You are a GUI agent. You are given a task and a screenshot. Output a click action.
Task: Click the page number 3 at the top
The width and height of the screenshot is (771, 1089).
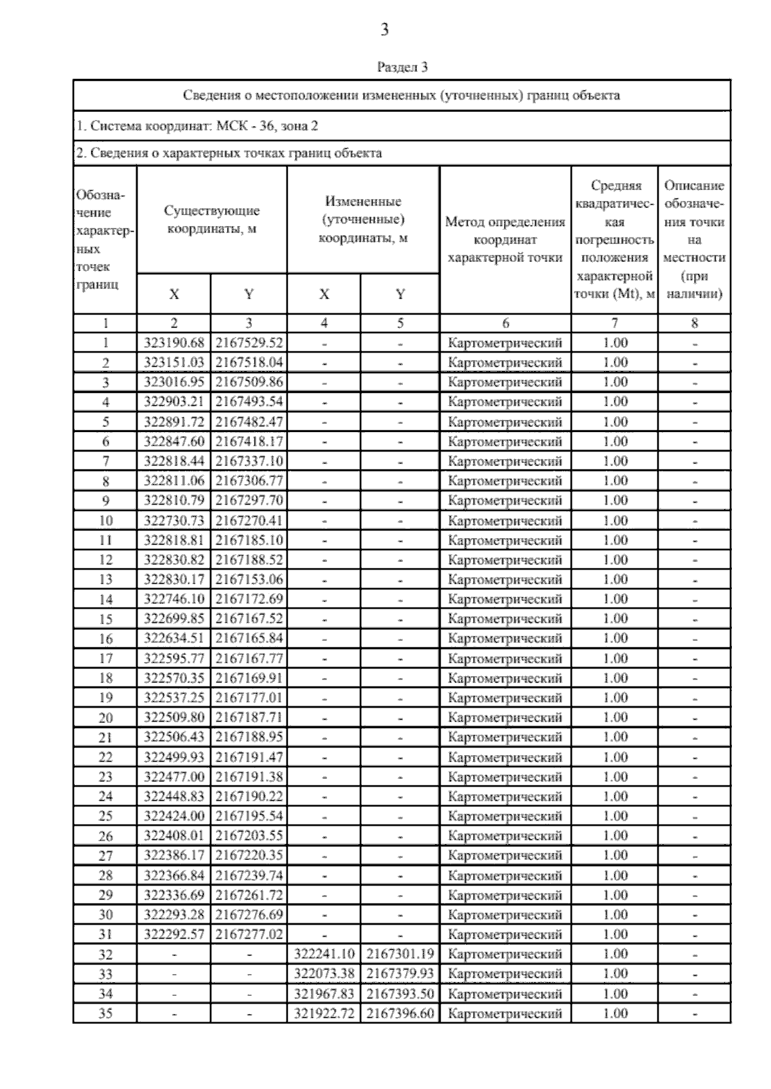[384, 30]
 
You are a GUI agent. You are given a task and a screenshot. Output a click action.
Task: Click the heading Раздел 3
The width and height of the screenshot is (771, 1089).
[402, 67]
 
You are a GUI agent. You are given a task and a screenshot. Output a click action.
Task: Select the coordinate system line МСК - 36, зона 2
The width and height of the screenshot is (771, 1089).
[197, 126]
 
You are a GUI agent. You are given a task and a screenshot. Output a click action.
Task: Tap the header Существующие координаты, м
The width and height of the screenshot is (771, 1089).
[211, 220]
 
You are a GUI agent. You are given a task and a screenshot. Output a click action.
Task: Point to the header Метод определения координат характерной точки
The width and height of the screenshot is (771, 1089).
[505, 240]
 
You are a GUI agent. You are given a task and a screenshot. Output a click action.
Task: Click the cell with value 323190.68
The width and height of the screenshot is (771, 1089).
[173, 343]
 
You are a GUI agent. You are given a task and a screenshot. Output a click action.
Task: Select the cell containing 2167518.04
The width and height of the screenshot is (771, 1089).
[249, 362]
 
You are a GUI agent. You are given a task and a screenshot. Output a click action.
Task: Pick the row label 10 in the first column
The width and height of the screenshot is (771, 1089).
[105, 520]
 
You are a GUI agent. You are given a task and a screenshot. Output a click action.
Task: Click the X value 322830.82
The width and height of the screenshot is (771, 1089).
[173, 560]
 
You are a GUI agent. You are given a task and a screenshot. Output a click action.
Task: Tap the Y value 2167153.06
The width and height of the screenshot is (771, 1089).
[249, 579]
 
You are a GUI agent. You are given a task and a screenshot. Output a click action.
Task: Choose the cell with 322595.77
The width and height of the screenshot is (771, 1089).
[173, 658]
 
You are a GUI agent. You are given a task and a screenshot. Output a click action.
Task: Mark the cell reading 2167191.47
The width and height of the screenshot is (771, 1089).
[249, 757]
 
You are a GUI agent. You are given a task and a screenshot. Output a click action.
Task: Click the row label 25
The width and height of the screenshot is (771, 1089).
[105, 816]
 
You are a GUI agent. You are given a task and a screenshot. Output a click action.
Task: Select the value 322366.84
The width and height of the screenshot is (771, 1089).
[173, 875]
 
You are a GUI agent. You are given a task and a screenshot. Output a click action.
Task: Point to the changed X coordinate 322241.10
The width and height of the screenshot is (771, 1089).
[324, 954]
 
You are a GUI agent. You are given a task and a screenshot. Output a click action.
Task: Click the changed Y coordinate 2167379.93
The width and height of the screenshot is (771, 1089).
[400, 974]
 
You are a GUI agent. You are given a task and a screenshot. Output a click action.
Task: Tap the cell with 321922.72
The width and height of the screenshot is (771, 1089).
[324, 1014]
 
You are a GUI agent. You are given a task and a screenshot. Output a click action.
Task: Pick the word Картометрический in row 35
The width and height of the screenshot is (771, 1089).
[505, 1014]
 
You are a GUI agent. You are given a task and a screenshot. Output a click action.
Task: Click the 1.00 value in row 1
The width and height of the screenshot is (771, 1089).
[615, 343]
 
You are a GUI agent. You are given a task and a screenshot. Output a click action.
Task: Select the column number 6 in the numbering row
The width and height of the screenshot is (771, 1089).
[505, 324]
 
